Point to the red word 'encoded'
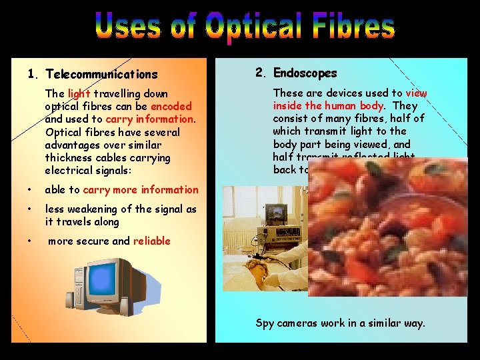click(171, 106)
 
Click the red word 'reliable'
click(152, 241)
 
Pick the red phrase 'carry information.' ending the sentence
click(150, 119)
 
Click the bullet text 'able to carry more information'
click(121, 190)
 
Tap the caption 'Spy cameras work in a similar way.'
click(340, 323)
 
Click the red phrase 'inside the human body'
click(327, 106)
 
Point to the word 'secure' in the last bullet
click(92, 241)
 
